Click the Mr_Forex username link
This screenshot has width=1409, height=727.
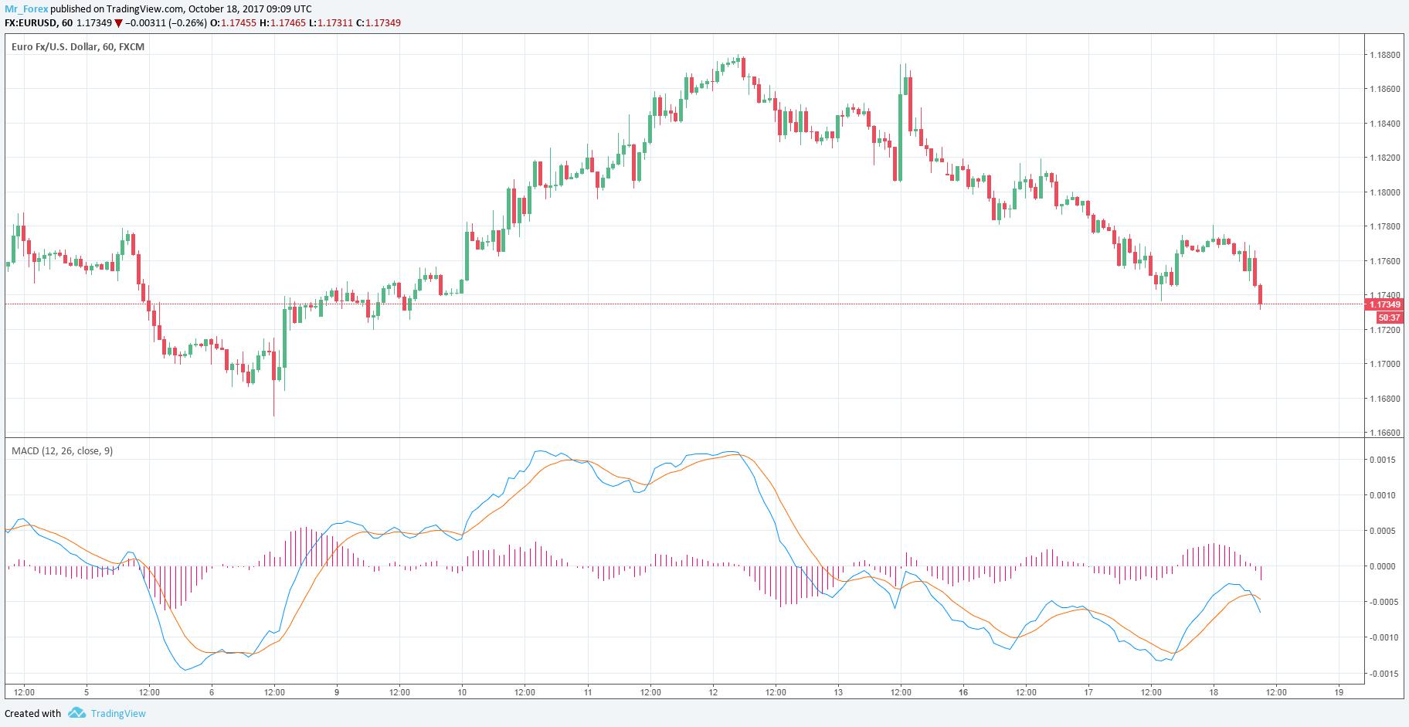tap(26, 8)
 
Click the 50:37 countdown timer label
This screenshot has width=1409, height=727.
tap(1389, 318)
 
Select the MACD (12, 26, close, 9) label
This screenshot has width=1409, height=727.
tap(62, 450)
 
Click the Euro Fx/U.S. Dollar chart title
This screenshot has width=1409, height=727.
tap(78, 46)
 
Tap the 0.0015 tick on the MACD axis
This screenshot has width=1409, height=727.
tap(1384, 460)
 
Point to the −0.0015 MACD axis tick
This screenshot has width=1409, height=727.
tap(1382, 674)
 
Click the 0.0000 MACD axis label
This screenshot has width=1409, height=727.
tap(1384, 566)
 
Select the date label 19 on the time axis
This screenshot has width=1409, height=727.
tap(1339, 692)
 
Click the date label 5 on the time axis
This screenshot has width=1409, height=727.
tap(87, 692)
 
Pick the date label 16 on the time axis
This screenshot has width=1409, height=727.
tap(963, 692)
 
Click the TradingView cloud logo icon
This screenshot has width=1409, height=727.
tap(76, 713)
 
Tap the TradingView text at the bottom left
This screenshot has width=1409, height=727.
tap(118, 714)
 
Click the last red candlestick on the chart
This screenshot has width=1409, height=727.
tap(1260, 295)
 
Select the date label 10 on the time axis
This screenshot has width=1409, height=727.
tap(462, 692)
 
